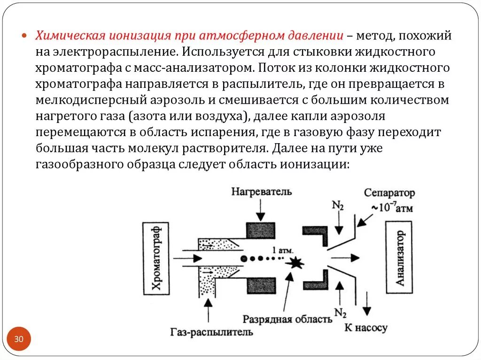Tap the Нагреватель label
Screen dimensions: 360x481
pos(261,191)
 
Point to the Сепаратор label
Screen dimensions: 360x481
pos(389,193)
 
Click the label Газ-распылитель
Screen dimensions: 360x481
pos(212,331)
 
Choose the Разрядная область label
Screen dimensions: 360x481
pos(287,319)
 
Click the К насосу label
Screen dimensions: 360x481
pos(366,327)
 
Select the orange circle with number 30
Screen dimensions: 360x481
pos(19,339)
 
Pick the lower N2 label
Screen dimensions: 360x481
pos(340,312)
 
